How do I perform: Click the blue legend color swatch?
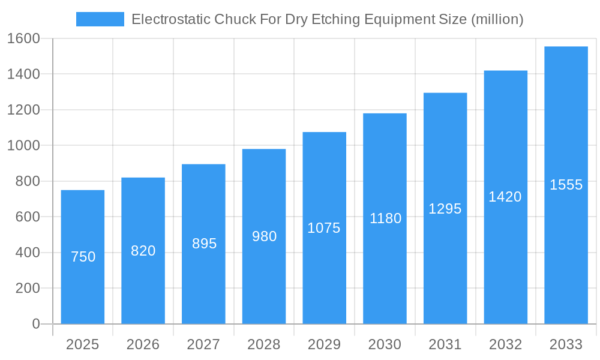[100, 19]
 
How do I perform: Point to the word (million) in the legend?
[497, 19]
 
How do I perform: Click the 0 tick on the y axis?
[35, 324]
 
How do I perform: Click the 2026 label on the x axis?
[143, 344]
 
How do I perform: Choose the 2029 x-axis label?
[324, 344]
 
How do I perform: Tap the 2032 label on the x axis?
[505, 344]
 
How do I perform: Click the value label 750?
[83, 257]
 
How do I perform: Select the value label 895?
[204, 244]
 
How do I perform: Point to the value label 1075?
[324, 228]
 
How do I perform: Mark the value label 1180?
[385, 218]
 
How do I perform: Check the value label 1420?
[505, 197]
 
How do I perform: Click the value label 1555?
[566, 185]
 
